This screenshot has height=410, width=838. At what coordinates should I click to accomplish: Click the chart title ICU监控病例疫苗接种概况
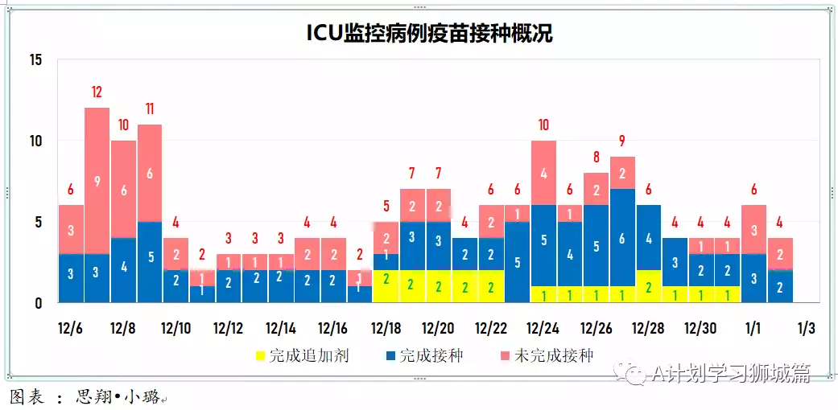click(429, 33)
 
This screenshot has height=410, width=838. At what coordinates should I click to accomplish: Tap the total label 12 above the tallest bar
click(97, 92)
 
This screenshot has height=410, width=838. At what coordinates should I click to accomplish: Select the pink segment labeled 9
click(97, 181)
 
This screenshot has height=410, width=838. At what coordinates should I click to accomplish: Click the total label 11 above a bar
click(150, 109)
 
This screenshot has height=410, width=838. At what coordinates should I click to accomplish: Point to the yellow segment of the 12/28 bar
click(649, 286)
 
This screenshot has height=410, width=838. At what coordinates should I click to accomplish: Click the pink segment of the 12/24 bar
click(543, 173)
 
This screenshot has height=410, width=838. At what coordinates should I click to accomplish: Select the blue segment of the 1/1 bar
click(753, 278)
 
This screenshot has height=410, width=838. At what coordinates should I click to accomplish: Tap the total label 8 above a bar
click(597, 157)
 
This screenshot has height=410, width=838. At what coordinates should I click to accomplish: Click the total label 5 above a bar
click(386, 205)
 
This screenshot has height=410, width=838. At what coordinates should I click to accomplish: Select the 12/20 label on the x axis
click(438, 329)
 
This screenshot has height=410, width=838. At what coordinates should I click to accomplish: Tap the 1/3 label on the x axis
click(806, 329)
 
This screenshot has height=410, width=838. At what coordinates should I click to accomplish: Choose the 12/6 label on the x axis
click(71, 329)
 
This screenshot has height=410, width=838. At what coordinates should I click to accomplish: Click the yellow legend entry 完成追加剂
click(302, 355)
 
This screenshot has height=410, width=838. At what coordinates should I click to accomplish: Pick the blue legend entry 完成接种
click(424, 355)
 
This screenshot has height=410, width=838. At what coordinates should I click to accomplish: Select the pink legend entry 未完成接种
click(547, 355)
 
